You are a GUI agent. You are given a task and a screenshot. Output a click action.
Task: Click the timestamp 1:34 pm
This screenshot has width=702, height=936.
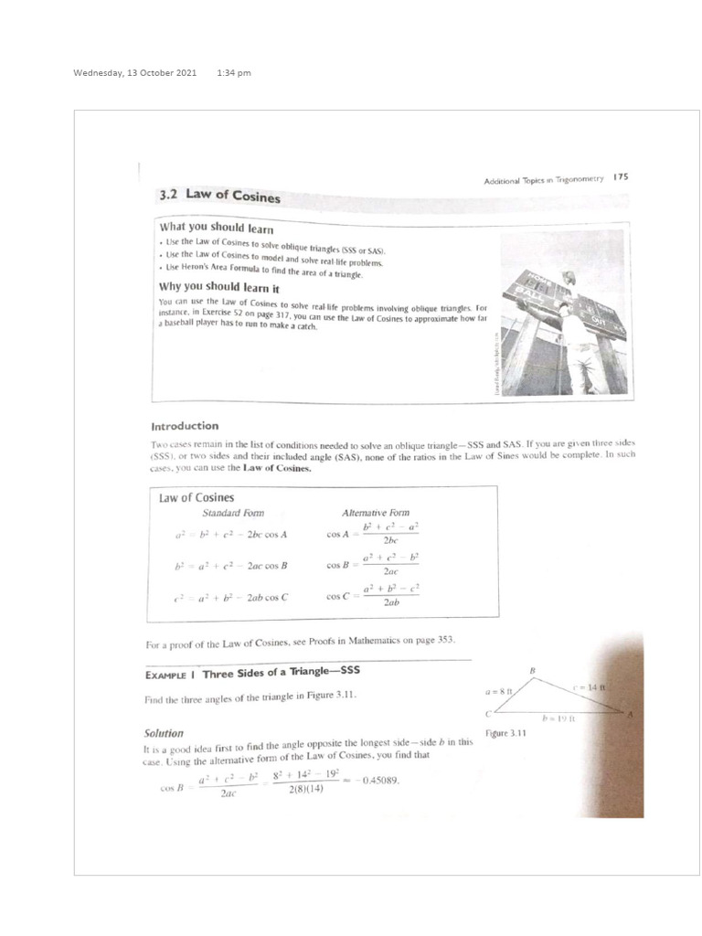pos(234,73)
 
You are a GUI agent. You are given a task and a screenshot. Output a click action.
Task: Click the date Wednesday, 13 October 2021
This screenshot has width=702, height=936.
pos(134,73)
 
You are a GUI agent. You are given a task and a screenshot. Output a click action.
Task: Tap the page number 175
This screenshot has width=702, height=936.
pos(621,177)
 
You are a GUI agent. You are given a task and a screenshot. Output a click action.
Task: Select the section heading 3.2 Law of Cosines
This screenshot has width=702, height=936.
pos(219,195)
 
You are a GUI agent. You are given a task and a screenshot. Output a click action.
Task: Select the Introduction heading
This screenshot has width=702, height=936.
pos(185,425)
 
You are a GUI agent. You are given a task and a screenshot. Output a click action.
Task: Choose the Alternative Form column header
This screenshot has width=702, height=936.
pos(376,513)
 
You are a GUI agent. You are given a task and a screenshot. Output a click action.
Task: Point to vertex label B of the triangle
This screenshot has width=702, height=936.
pos(533,671)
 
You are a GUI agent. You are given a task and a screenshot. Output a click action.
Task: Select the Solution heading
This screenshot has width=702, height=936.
pos(164,733)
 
